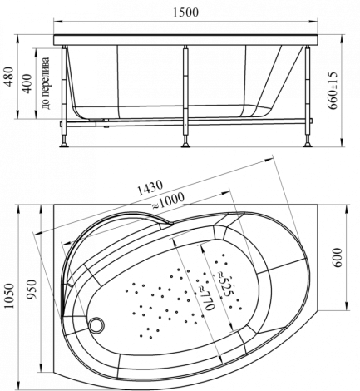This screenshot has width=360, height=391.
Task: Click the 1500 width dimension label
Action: [186, 12]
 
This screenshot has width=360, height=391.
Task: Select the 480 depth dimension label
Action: [9, 77]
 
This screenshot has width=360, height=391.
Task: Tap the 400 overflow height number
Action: [27, 83]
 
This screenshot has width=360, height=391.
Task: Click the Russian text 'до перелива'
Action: [46, 82]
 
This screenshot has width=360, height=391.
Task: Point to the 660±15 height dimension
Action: [333, 91]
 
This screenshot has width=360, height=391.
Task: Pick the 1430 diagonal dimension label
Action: [150, 188]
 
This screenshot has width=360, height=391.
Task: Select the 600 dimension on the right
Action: [338, 258]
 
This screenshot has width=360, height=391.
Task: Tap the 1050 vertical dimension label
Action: [9, 296]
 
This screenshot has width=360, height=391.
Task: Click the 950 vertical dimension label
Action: [32, 290]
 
